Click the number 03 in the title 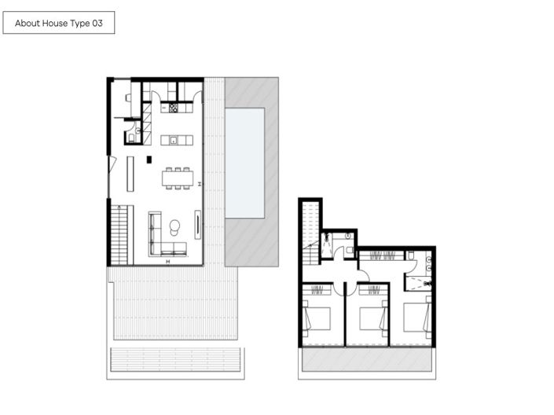[x=97, y=24]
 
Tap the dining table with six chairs [x=178, y=178]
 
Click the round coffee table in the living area [x=174, y=227]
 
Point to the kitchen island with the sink [x=176, y=140]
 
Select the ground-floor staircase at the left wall [x=118, y=233]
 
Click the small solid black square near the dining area [x=149, y=160]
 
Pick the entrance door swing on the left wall [x=113, y=166]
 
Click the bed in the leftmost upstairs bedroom [x=317, y=318]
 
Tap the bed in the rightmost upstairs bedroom [x=416, y=318]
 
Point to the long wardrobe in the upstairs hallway [x=380, y=255]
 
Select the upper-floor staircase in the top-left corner [x=311, y=228]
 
